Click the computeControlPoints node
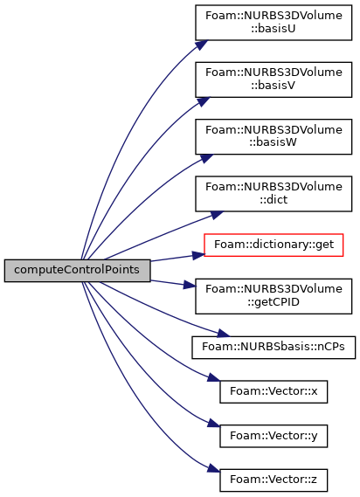(x=77, y=271)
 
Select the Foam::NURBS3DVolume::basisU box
(x=273, y=23)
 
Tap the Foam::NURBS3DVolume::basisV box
(x=273, y=79)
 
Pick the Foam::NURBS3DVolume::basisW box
(x=273, y=136)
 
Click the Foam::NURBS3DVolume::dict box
(x=273, y=194)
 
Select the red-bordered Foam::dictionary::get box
(x=273, y=245)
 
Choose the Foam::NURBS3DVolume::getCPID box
(x=273, y=296)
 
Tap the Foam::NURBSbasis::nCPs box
(x=273, y=348)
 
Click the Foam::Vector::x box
(x=273, y=392)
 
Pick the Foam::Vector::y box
(x=273, y=436)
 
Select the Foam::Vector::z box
(x=273, y=480)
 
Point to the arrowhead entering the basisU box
(x=202, y=45)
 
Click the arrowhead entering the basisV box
(x=204, y=101)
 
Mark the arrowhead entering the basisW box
(x=207, y=158)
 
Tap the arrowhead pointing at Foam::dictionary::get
(x=198, y=255)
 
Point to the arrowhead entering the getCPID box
(x=190, y=285)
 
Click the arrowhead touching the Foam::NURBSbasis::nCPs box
(x=223, y=333)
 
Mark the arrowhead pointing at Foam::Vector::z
(x=213, y=469)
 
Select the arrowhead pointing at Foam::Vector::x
(x=213, y=378)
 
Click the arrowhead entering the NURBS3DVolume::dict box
(x=217, y=215)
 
